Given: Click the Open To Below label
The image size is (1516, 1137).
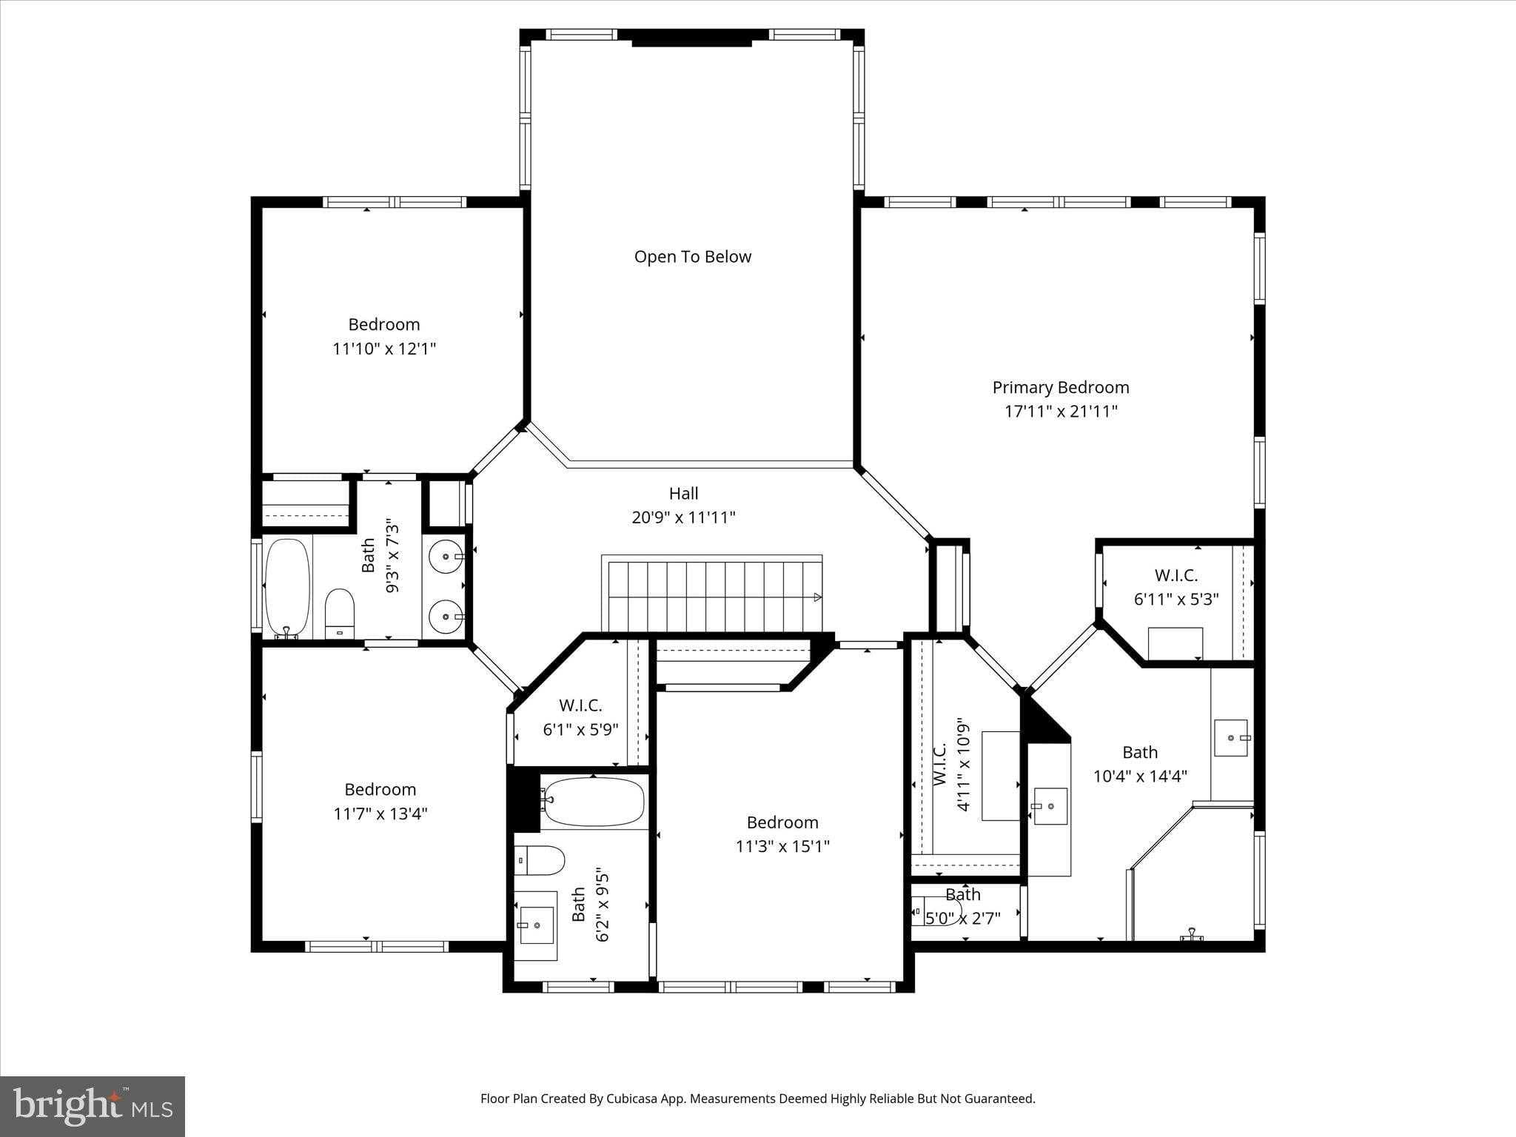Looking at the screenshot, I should tap(692, 257).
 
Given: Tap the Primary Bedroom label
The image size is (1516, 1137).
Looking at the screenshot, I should tap(1060, 387).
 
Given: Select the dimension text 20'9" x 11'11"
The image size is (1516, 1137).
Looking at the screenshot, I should tap(683, 517).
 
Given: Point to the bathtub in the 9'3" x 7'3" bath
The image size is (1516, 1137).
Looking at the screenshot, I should tap(287, 588).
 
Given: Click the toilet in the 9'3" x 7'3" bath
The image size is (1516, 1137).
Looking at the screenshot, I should tap(340, 613).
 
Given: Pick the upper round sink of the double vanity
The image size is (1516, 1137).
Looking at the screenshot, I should tap(446, 554).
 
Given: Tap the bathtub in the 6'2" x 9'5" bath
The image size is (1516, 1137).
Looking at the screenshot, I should tap(593, 802).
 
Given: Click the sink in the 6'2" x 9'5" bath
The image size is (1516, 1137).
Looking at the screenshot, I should tap(536, 925).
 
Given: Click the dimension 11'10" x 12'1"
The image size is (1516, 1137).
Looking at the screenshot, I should tap(383, 349).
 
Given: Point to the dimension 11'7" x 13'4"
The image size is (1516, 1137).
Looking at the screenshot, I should tap(380, 814).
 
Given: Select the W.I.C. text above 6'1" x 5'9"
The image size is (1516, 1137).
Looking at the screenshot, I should tap(580, 705).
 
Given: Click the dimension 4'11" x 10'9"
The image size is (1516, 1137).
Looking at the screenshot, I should tap(962, 764).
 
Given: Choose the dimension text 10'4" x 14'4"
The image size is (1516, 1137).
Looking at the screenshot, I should tap(1140, 776).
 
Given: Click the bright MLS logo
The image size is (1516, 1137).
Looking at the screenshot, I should tap(92, 1106).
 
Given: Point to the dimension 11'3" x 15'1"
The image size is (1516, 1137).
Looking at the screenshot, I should tap(782, 846).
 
